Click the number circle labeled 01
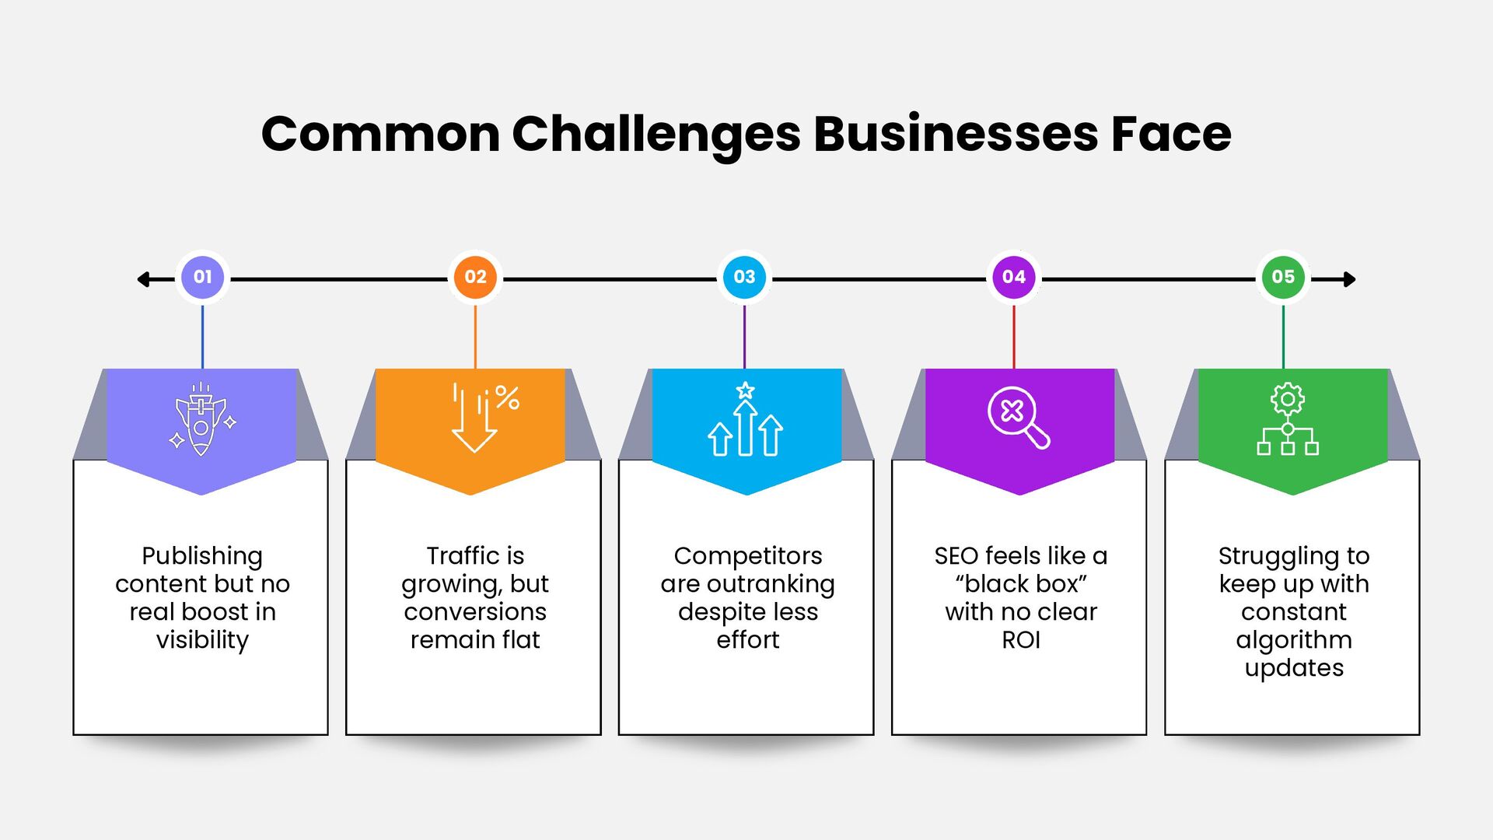click(202, 277)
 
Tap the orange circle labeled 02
click(475, 277)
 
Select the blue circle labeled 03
click(744, 277)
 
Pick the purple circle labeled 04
click(1014, 277)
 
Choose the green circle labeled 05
click(1283, 277)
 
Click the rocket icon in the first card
click(201, 420)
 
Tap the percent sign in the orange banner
click(507, 397)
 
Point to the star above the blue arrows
click(745, 390)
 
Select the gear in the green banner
click(1288, 399)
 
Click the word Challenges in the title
click(656, 134)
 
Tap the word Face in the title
click(1171, 134)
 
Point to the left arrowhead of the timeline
click(143, 279)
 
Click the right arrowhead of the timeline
click(1350, 279)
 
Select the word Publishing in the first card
click(202, 556)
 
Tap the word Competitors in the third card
click(747, 556)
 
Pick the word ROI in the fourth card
click(1020, 640)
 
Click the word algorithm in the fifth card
click(1294, 640)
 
